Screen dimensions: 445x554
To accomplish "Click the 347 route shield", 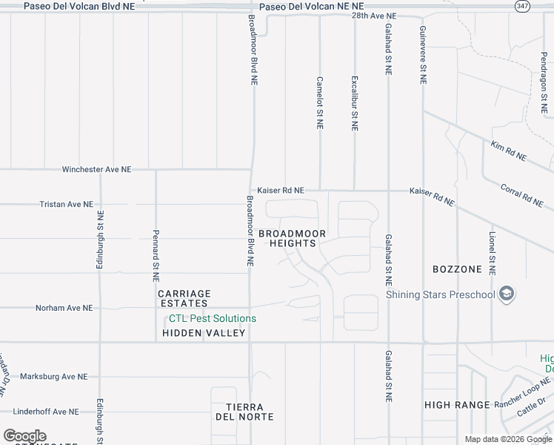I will click(x=521, y=5).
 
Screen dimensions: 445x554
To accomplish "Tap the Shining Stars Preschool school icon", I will click(x=507, y=294).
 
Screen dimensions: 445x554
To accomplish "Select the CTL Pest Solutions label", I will click(x=213, y=318).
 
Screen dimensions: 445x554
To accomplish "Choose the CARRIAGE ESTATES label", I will click(x=184, y=299).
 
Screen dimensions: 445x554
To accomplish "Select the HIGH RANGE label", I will click(x=457, y=405).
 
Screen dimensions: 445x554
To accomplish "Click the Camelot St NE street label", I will click(x=320, y=102).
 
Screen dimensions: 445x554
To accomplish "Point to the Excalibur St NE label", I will click(x=355, y=102).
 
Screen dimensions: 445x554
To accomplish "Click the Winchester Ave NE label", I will click(x=96, y=169).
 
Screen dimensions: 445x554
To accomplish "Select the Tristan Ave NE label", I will click(x=67, y=204).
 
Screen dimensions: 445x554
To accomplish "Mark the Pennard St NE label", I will click(x=156, y=256).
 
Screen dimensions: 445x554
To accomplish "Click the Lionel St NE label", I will click(x=492, y=250).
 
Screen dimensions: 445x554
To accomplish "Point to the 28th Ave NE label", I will click(x=374, y=16).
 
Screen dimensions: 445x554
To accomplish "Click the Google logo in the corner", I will click(x=24, y=436).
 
